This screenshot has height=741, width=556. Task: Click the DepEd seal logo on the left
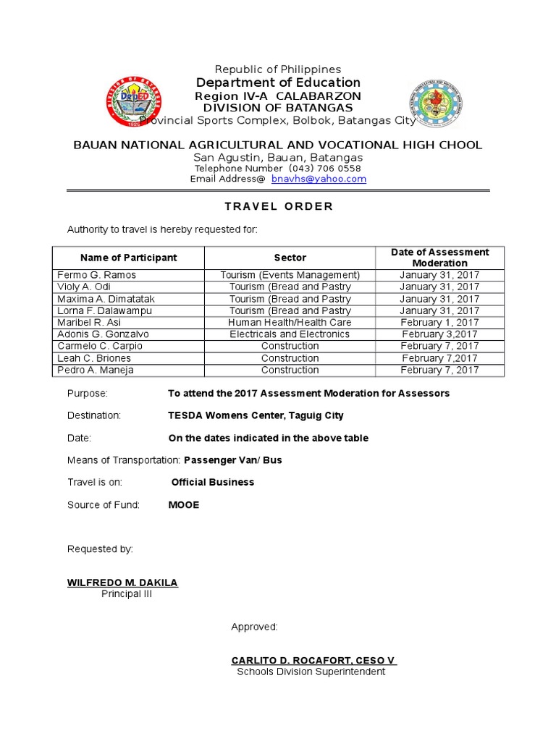[x=131, y=101]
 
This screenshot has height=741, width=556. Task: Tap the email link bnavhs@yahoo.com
[x=319, y=179]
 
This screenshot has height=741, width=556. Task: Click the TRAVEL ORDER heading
[x=279, y=206]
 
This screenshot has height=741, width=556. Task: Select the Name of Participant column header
[x=128, y=258]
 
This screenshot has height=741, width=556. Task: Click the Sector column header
[x=290, y=258]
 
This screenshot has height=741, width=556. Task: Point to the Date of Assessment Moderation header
[x=439, y=258]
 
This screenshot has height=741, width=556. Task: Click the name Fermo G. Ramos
[x=96, y=275]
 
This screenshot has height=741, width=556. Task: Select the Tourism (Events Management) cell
[x=290, y=275]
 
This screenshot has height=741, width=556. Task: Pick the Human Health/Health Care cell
[x=290, y=322]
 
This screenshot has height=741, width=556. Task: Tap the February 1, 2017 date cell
[x=439, y=322]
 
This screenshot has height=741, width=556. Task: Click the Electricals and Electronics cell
[x=290, y=334]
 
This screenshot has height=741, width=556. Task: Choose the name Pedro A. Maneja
[x=96, y=370]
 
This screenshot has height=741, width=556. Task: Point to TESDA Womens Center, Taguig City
[x=256, y=415]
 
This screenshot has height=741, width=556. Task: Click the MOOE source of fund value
[x=183, y=505]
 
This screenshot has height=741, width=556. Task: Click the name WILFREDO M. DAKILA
[x=122, y=583]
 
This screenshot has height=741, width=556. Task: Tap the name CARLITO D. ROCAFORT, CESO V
[x=313, y=661]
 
